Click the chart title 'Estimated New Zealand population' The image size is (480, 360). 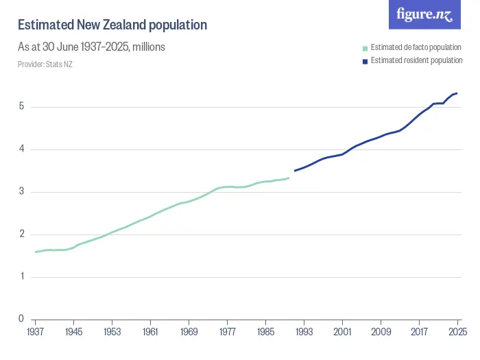coord(112,25)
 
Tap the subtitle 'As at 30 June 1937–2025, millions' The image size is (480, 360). coord(91,47)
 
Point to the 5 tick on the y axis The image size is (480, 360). coord(21,106)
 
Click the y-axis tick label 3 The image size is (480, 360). coord(21,191)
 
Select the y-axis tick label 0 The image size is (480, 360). coord(21,319)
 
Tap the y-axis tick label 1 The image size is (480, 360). coord(21,276)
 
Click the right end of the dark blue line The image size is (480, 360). coord(457,93)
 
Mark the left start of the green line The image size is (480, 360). coord(36,252)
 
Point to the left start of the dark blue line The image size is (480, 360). coord(295,171)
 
